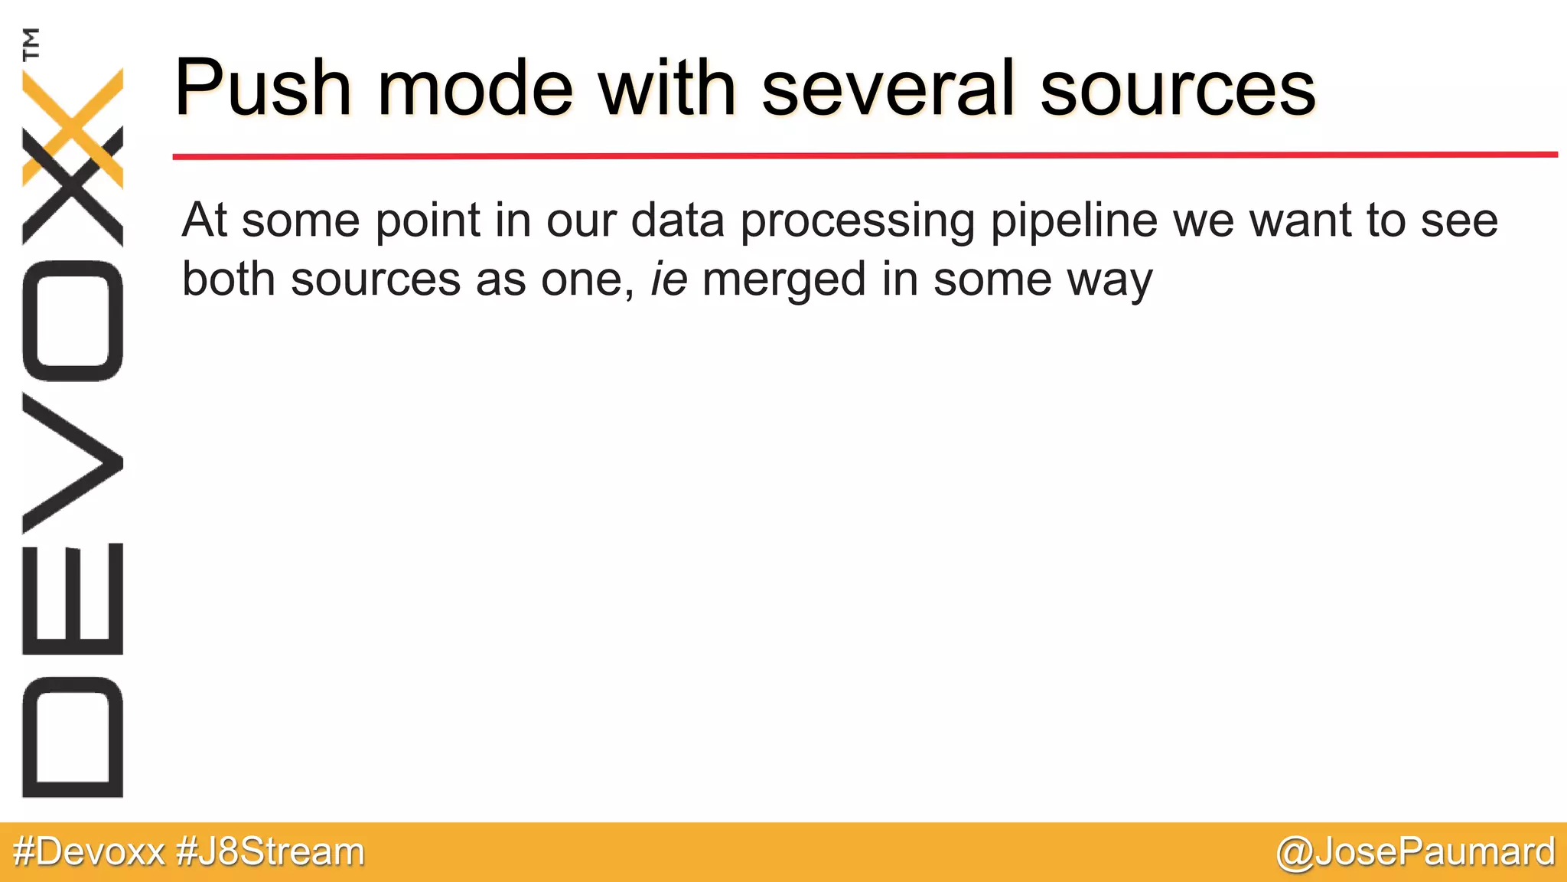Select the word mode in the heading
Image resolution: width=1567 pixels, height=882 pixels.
[474, 88]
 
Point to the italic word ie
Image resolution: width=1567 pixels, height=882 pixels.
[668, 279]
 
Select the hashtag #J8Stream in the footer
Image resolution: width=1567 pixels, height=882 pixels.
[270, 851]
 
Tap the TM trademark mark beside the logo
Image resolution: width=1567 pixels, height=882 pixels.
[31, 44]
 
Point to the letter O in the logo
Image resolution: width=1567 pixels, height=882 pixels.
[73, 321]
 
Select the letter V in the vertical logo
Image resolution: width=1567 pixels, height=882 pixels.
[73, 463]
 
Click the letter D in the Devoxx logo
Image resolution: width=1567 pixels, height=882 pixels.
[73, 737]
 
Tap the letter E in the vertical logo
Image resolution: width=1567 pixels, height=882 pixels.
[73, 599]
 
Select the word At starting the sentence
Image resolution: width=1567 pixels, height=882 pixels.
[204, 220]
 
